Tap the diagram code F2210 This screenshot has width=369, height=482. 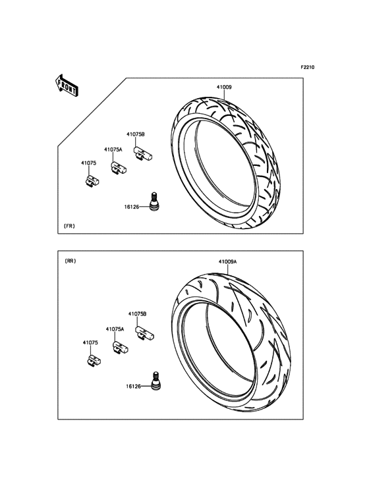(x=307, y=67)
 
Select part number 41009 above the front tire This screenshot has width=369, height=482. (x=224, y=88)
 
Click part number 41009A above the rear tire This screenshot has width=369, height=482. (x=227, y=261)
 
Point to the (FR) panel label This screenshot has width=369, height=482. (x=69, y=226)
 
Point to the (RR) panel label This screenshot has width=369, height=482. (x=71, y=261)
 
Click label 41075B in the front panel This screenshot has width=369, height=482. (x=136, y=134)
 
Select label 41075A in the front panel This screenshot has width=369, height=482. (x=113, y=149)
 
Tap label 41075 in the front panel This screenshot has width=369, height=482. (x=88, y=163)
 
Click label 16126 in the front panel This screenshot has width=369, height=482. (x=132, y=207)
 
